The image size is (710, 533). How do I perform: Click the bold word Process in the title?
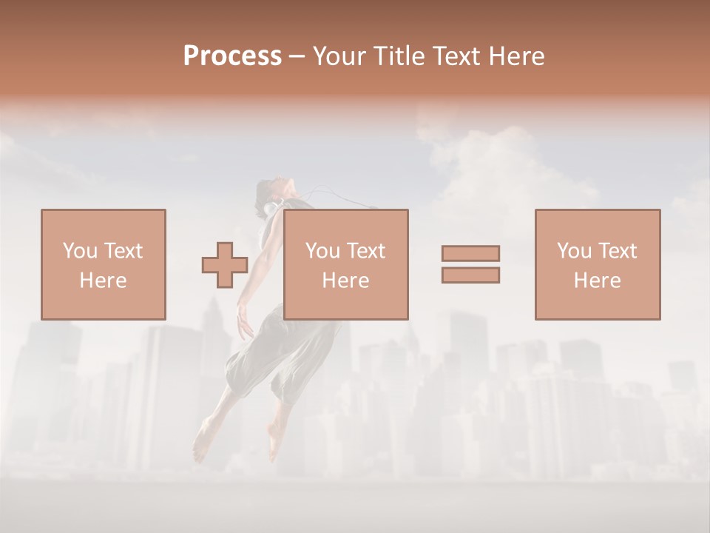click(232, 56)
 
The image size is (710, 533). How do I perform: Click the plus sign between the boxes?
click(225, 264)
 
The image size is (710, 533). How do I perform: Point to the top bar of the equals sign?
click(470, 253)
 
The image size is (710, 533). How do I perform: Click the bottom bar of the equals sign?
click(470, 275)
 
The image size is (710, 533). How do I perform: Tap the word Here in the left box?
click(103, 281)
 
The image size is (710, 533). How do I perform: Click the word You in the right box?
click(574, 251)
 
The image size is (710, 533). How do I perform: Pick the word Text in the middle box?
click(365, 251)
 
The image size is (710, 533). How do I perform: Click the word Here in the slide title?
click(515, 56)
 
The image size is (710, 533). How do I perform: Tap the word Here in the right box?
click(597, 281)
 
